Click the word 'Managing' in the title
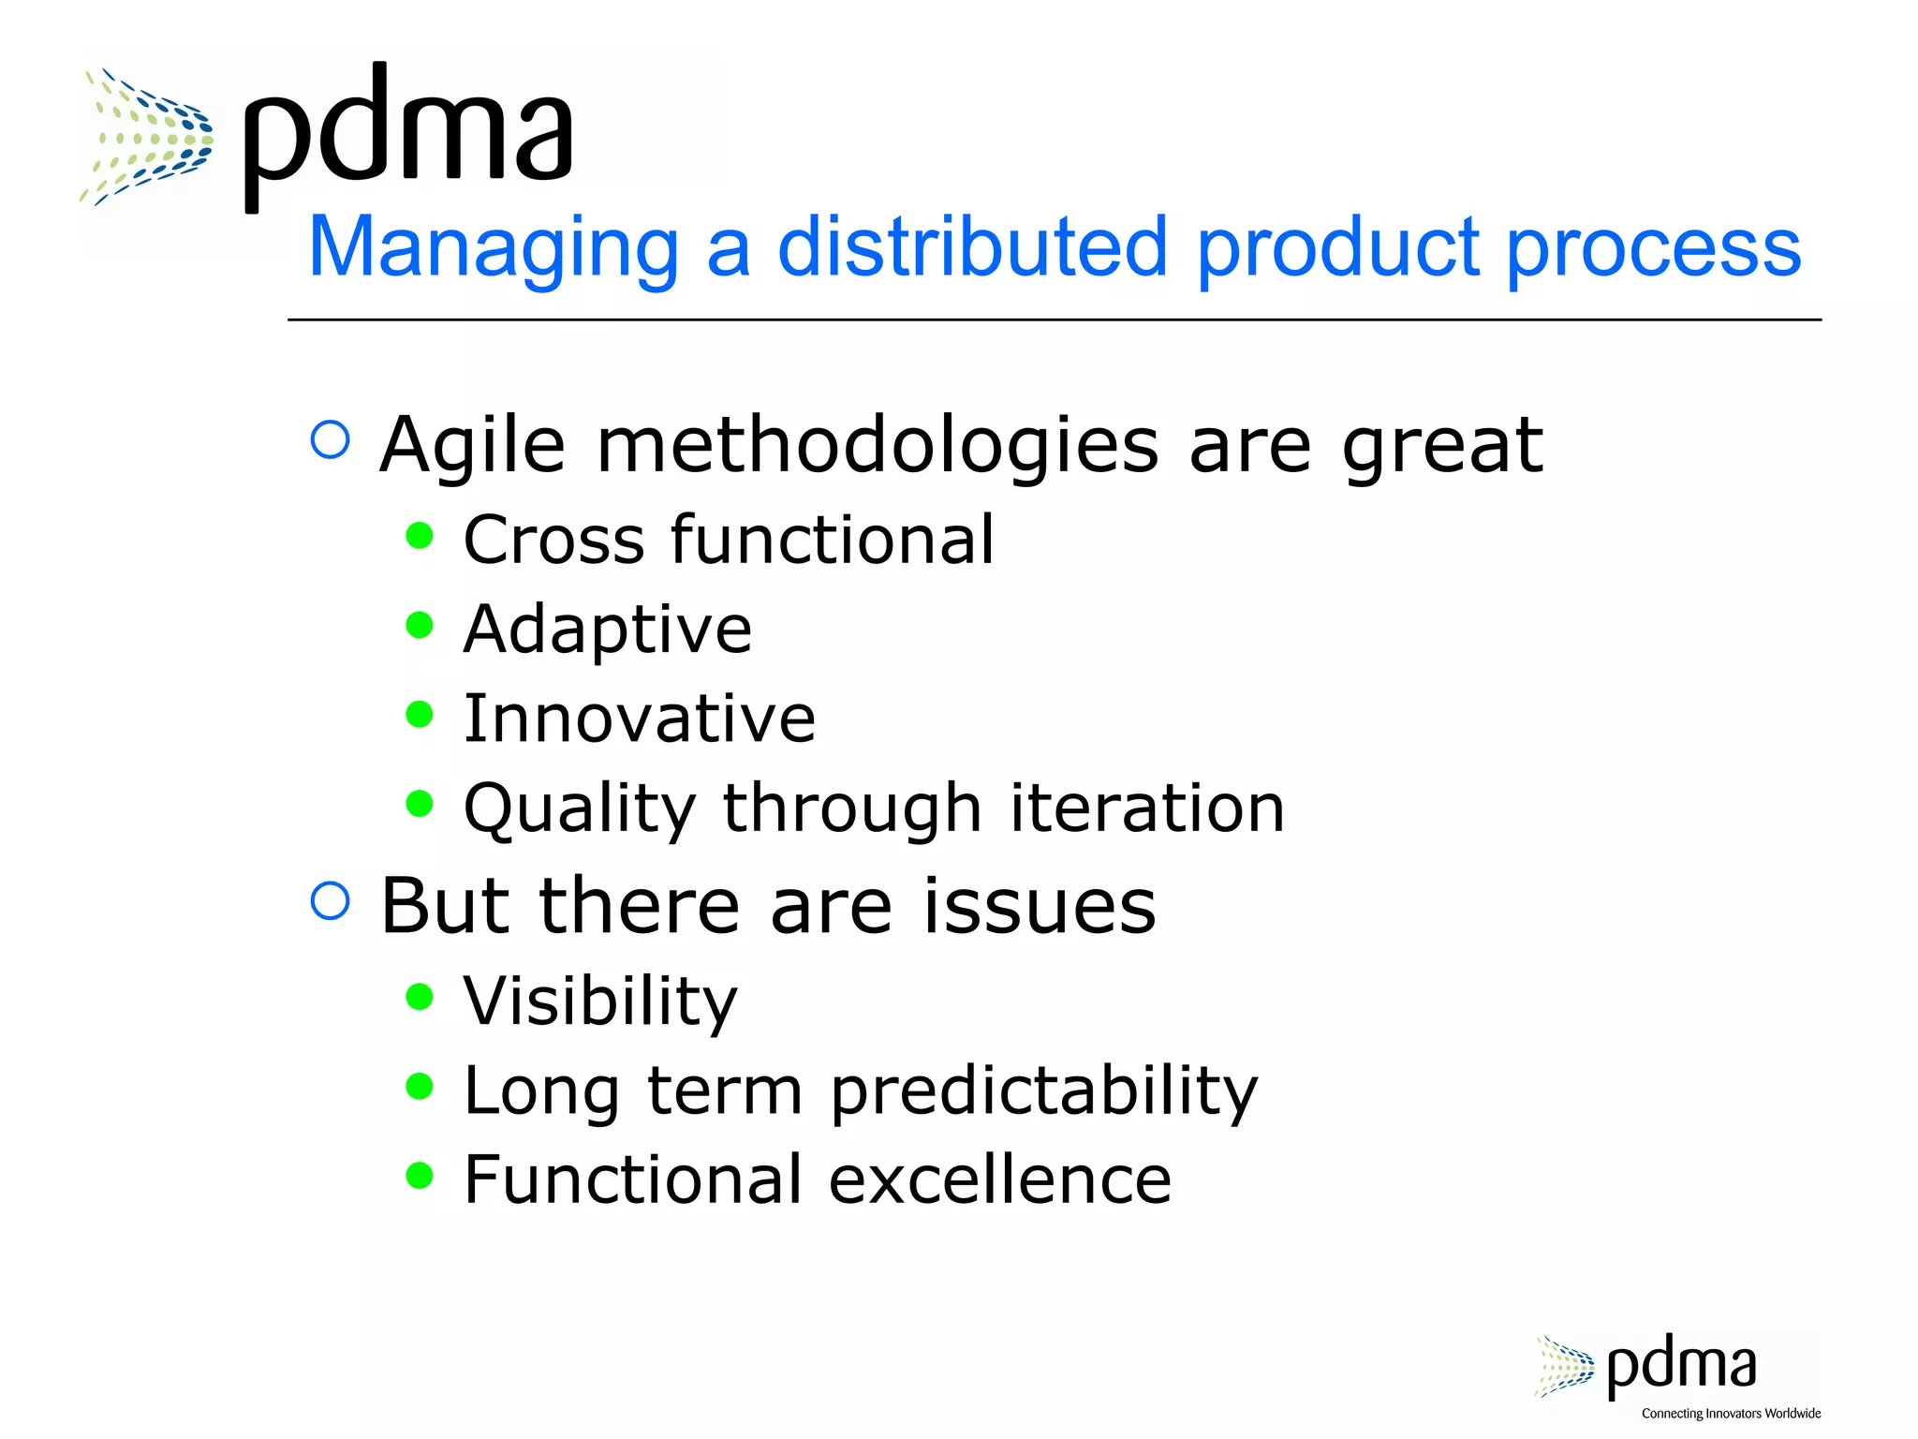(x=493, y=248)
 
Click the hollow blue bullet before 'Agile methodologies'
(x=330, y=439)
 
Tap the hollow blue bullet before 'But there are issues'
(x=330, y=900)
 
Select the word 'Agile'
(x=472, y=447)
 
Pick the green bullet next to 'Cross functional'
(x=420, y=536)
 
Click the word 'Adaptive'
(x=607, y=630)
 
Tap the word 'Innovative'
(x=639, y=719)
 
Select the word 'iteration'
(x=1146, y=808)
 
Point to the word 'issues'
(x=1040, y=906)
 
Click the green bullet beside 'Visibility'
(x=420, y=997)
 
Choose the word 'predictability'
(x=1043, y=1092)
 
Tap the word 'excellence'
(x=999, y=1179)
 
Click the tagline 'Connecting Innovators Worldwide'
(x=1731, y=1414)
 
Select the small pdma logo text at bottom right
(x=1680, y=1367)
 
